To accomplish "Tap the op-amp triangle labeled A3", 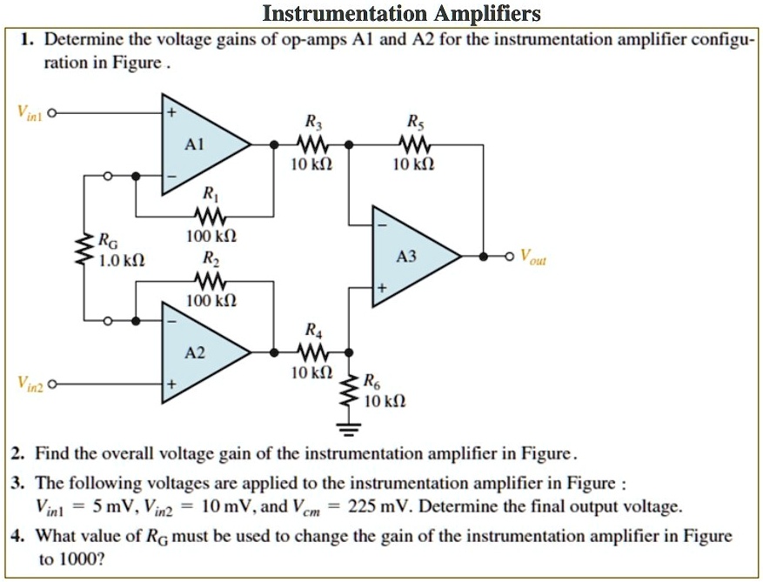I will (x=408, y=257).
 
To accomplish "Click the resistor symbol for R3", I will (x=311, y=144).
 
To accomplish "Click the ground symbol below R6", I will (x=349, y=428).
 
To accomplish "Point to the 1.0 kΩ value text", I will (x=121, y=260).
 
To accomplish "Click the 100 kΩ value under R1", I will (x=207, y=236).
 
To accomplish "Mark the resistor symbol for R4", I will (x=311, y=352).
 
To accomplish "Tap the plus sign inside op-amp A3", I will (x=380, y=287).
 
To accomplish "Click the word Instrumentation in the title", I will (x=331, y=13).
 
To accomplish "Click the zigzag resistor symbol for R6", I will (x=349, y=393).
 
